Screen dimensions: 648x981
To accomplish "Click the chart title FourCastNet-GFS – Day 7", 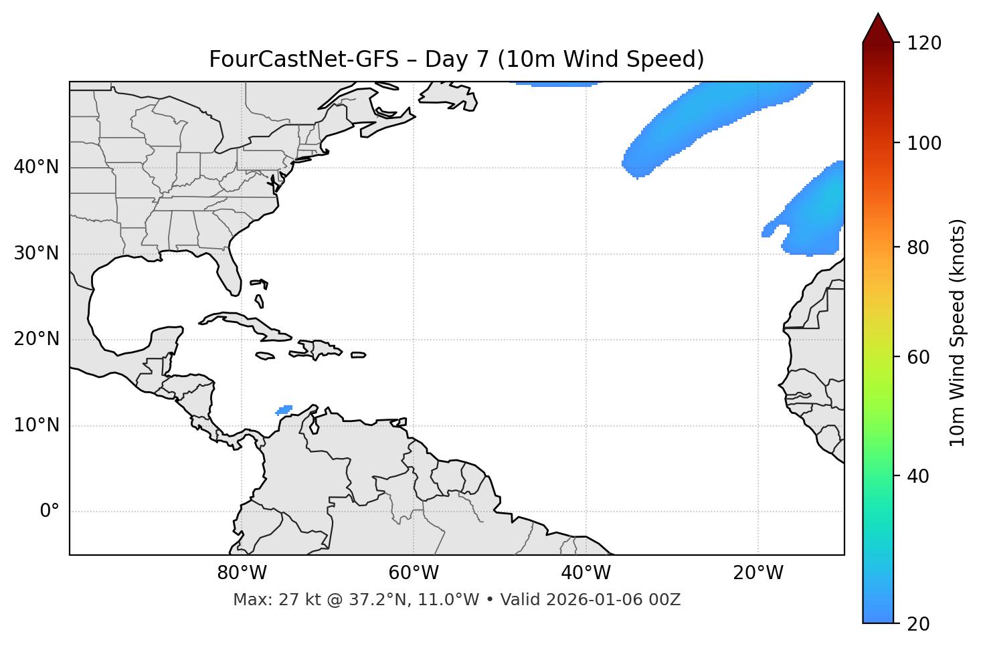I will click(456, 60).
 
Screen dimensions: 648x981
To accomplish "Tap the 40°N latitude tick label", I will click(36, 167).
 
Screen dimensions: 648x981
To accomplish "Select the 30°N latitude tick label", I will click(36, 253).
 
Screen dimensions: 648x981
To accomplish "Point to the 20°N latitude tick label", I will click(36, 340).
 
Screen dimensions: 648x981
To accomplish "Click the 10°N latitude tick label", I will click(36, 425).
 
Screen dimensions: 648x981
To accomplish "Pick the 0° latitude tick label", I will click(50, 512).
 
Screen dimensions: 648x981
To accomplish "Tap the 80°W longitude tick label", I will click(242, 573).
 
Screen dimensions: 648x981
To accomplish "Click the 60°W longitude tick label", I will click(414, 573).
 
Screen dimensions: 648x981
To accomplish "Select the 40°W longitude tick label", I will click(586, 573).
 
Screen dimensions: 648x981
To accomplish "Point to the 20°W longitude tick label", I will click(758, 573).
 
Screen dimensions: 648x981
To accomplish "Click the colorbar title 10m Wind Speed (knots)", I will click(958, 332).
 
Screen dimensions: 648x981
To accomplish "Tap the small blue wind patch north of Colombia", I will click(284, 409).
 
